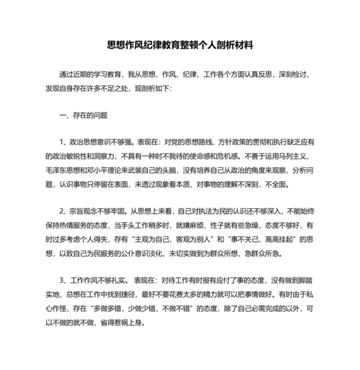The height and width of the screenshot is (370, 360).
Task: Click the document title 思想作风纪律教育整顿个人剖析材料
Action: pyautogui.click(x=180, y=46)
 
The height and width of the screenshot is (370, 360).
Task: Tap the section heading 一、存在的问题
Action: pyautogui.click(x=83, y=116)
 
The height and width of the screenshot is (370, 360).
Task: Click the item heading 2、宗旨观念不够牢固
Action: pyautogui.click(x=94, y=211)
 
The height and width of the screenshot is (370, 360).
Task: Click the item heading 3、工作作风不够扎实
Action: pyautogui.click(x=94, y=281)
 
